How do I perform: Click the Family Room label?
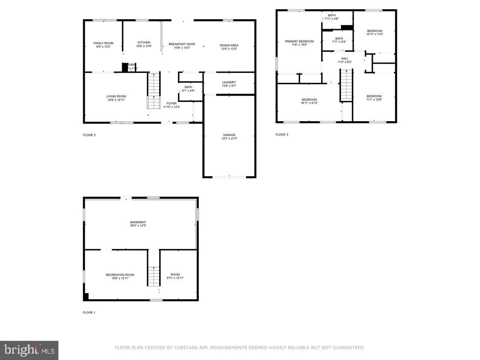pos(103,43)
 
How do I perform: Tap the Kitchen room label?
pos(144,42)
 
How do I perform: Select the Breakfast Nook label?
pos(182,44)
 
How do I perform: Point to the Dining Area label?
pos(229,45)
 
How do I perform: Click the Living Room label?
pos(116,96)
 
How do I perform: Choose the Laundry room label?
pos(229,82)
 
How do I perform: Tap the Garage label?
pos(229,135)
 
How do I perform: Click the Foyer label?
pos(171,103)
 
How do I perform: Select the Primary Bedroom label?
pos(299,41)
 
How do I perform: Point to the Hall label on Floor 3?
pos(344,58)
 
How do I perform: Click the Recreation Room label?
pos(120,275)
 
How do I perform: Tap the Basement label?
pos(138,222)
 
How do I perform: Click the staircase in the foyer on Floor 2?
pos(154,90)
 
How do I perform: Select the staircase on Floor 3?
pos(346,85)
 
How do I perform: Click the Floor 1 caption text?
pos(89,312)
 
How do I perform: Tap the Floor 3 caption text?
pos(282,134)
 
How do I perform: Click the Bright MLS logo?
pos(29,350)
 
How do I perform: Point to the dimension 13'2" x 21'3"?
pos(229,138)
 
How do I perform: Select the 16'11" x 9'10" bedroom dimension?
pos(309,103)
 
